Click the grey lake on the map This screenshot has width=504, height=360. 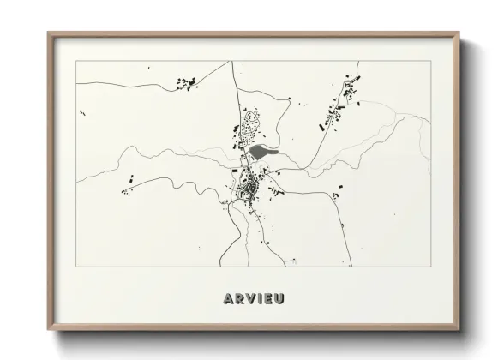(x=263, y=153)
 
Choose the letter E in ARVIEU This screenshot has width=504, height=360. (x=271, y=298)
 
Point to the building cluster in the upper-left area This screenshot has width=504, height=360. (x=185, y=83)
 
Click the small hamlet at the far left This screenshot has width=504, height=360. (x=129, y=183)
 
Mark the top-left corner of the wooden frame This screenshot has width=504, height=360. (x=48, y=33)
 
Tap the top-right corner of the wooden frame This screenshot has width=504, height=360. (x=459, y=33)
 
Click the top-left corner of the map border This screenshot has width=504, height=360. (x=77, y=61)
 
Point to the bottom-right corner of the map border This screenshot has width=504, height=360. (x=431, y=267)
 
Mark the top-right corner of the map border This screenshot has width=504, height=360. (x=431, y=61)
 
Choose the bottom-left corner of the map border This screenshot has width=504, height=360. (x=77, y=267)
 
